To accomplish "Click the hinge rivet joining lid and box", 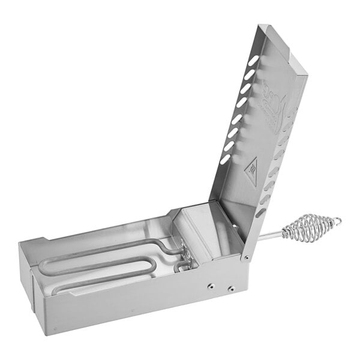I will point(245,257).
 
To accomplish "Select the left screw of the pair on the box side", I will point(210,286).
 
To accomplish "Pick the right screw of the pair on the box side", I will point(229,290).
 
